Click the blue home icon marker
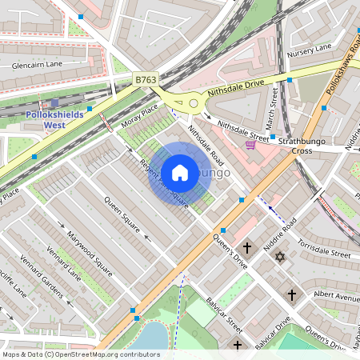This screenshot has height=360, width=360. click(180, 172)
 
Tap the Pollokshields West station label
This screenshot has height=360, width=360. click(54, 120)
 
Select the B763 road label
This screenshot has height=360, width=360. click(146, 80)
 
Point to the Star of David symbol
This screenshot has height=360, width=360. click(279, 257)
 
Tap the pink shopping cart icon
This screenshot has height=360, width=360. click(250, 144)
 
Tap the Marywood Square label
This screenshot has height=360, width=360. click(90, 249)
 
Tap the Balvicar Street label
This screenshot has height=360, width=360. click(222, 315)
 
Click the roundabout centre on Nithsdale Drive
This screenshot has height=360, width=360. click(193, 103)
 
